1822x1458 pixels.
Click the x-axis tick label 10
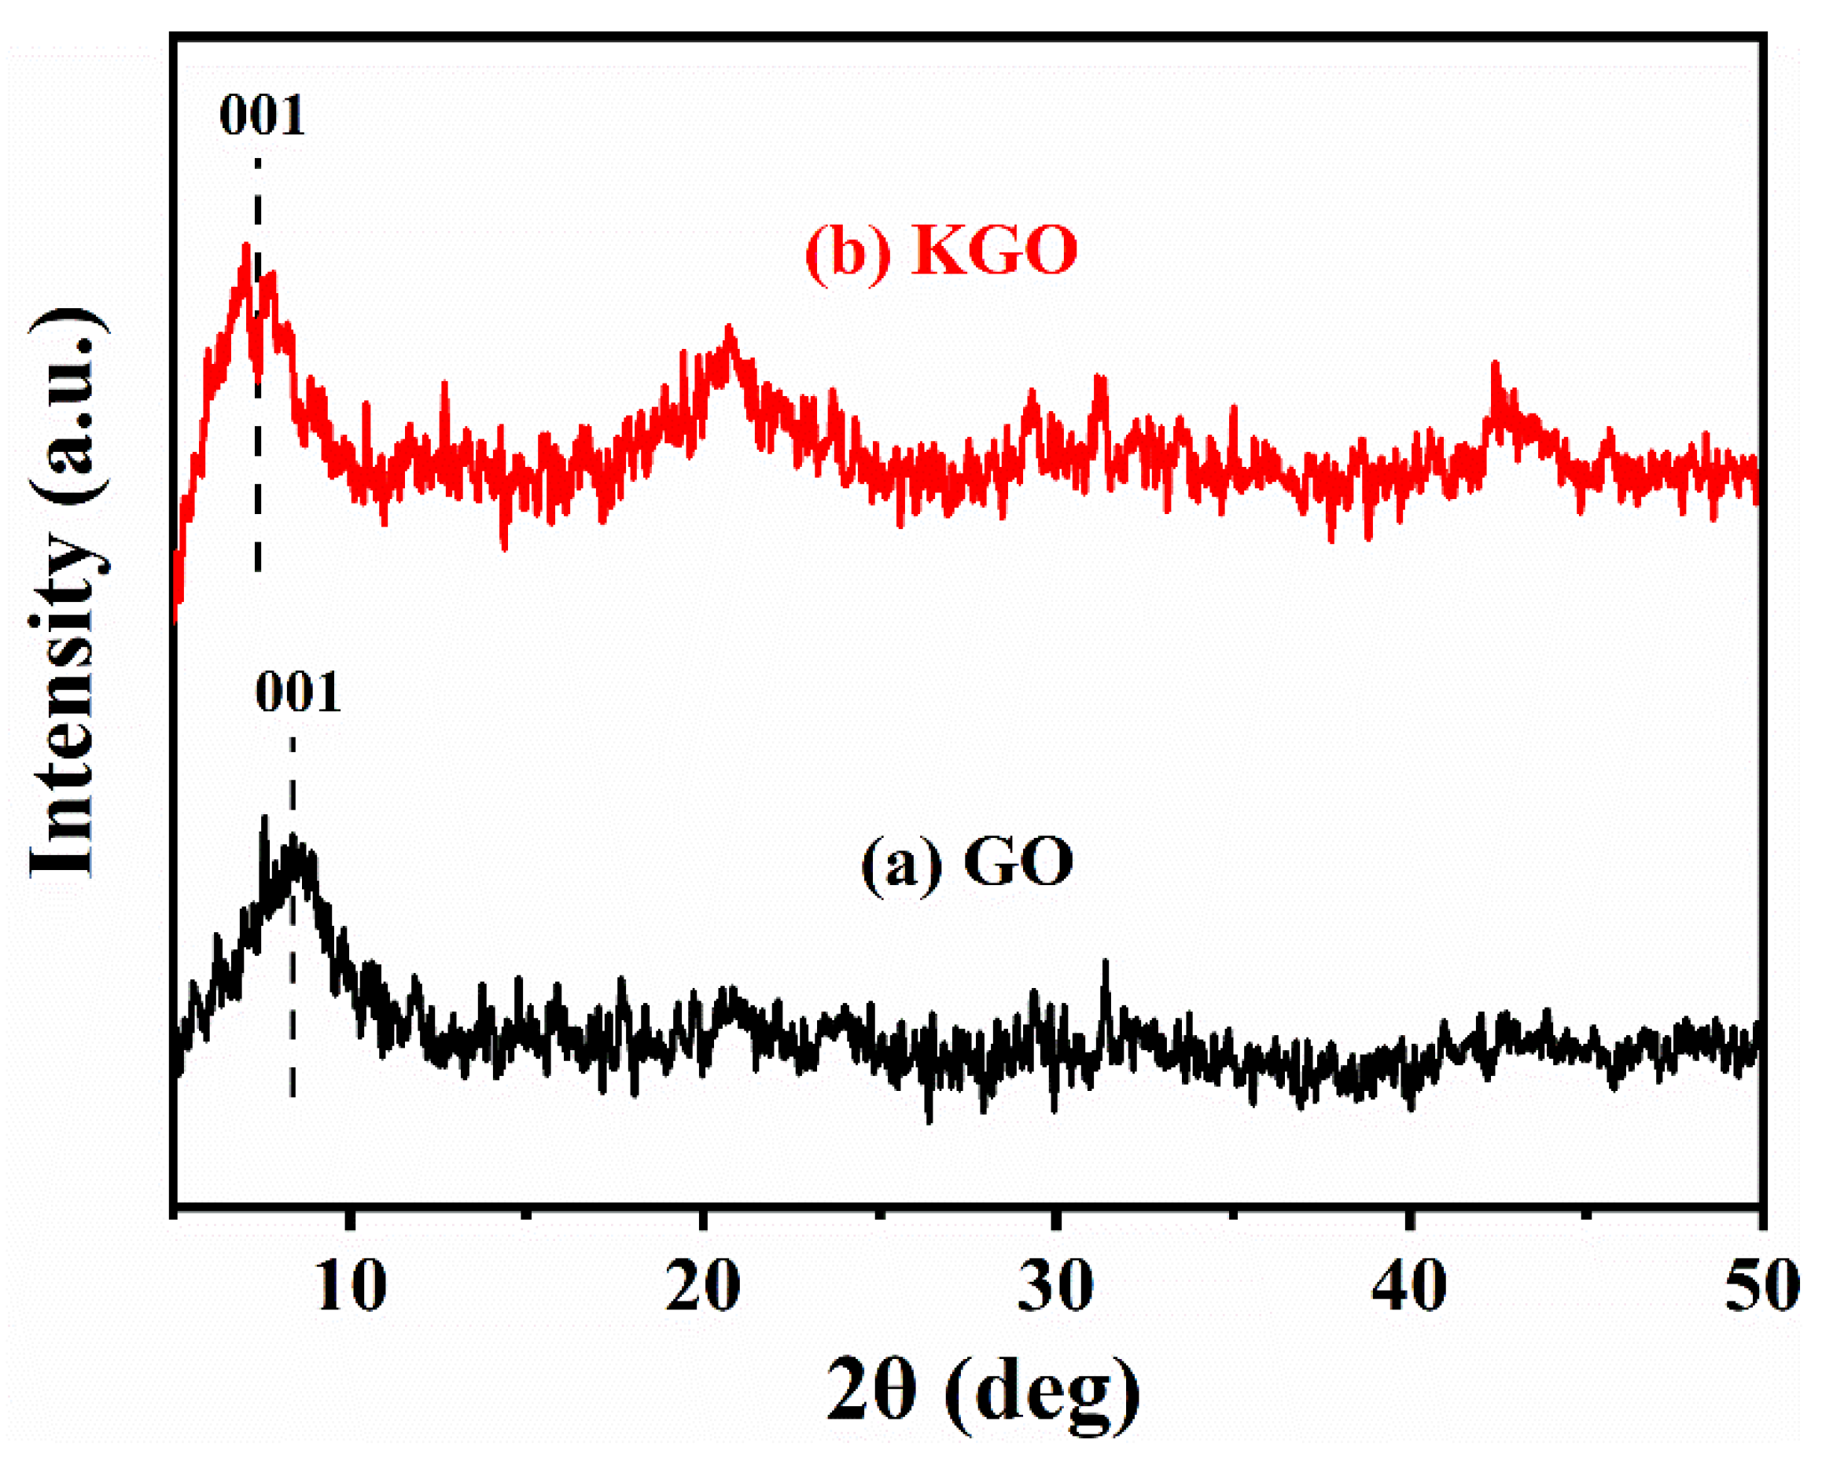click(351, 1286)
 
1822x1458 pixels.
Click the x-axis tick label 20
click(702, 1286)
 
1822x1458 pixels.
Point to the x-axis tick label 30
click(1055, 1286)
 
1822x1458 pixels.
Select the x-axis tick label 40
click(1408, 1286)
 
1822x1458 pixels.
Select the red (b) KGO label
click(940, 251)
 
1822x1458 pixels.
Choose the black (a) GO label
click(966, 861)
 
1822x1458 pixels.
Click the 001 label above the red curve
click(261, 116)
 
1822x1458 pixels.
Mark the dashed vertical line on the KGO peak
click(258, 473)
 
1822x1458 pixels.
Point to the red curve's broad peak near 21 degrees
click(729, 331)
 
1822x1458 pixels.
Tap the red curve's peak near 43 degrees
click(1494, 365)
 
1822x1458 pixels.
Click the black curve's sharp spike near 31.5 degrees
click(1105, 963)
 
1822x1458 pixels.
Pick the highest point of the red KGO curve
click(246, 247)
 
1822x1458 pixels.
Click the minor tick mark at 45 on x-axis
click(1585, 1214)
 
